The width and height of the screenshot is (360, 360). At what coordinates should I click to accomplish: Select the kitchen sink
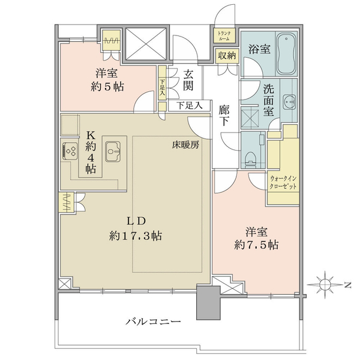(x=113, y=151)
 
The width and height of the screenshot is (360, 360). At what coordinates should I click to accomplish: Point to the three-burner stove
(x=70, y=151)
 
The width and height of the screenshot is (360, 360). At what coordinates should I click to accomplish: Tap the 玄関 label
(x=188, y=80)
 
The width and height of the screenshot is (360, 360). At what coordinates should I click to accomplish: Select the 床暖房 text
(x=185, y=145)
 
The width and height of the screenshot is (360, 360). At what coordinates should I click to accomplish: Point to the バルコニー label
(x=153, y=322)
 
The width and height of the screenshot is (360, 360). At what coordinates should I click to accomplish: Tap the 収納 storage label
(x=227, y=56)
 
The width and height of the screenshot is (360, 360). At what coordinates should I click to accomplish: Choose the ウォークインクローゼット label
(x=283, y=182)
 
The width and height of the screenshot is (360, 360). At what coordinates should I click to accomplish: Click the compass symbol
(x=324, y=285)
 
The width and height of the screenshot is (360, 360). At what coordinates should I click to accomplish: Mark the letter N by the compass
(x=348, y=286)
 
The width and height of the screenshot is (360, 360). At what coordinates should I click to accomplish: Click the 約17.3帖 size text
(x=136, y=236)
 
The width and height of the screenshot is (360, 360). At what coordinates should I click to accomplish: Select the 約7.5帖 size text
(x=256, y=245)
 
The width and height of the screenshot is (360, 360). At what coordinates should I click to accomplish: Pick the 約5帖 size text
(x=107, y=87)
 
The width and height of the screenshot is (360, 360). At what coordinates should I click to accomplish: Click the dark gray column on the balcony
(x=208, y=302)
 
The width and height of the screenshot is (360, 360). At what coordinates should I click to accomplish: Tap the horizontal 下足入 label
(x=190, y=106)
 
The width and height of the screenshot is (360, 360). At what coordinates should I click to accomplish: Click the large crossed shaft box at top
(x=146, y=44)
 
